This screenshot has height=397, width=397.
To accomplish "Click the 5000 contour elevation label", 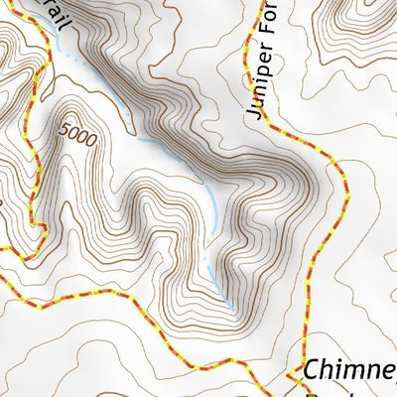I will pos(77,136).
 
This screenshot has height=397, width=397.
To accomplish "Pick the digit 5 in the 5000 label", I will pos(65,128).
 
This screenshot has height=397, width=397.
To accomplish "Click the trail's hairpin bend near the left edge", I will pos(40,227).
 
